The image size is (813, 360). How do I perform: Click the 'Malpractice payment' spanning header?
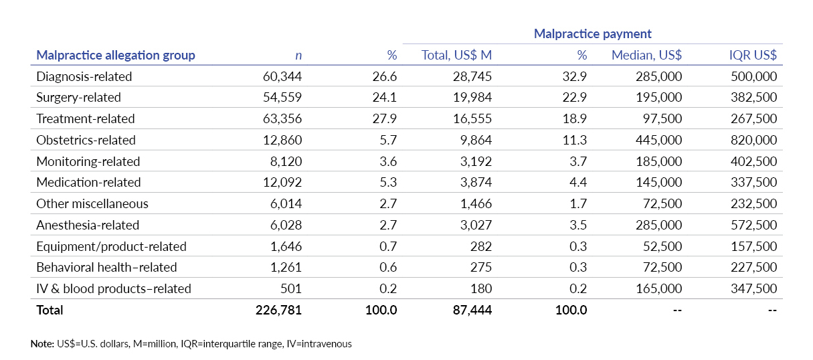(592, 34)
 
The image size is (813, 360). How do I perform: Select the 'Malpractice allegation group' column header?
(116, 55)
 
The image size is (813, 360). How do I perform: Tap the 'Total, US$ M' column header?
(456, 55)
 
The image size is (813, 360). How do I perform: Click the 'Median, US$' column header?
(646, 55)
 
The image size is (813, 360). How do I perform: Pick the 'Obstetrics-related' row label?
(86, 140)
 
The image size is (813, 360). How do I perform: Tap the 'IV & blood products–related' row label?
(114, 289)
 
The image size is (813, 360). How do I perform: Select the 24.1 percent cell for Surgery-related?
(385, 98)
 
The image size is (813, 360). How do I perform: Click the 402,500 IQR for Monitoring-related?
(755, 161)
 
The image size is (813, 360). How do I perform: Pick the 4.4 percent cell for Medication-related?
(577, 183)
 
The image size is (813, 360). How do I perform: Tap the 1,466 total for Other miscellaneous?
(476, 204)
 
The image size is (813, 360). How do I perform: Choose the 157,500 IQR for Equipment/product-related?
(755, 246)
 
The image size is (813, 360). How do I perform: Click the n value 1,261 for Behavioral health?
(286, 268)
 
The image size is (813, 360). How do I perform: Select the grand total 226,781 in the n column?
(278, 310)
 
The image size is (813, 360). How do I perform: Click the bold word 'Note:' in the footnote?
(43, 344)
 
